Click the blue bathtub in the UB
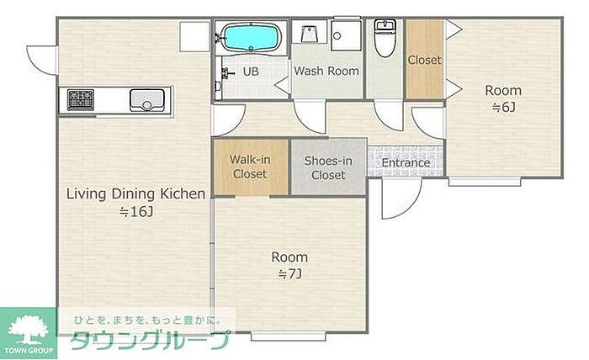(x=251, y=37)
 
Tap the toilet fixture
(x=385, y=38)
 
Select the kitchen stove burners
(x=81, y=99)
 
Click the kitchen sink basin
(x=147, y=100)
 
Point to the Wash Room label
(x=326, y=71)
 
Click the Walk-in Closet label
(x=250, y=167)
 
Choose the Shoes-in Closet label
(x=328, y=167)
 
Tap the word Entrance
(x=406, y=162)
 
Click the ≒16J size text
(x=136, y=212)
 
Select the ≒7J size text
(x=289, y=274)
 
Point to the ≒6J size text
(x=503, y=108)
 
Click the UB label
(x=251, y=71)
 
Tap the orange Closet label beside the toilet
(x=424, y=60)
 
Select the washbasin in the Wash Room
(x=309, y=32)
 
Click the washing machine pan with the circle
(x=346, y=35)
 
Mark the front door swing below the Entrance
(x=401, y=198)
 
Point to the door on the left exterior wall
(x=42, y=60)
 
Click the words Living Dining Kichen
(x=136, y=194)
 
